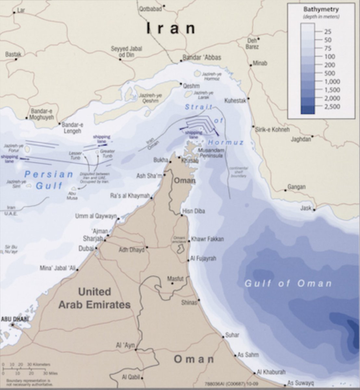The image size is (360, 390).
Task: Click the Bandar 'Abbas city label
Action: click(x=202, y=58)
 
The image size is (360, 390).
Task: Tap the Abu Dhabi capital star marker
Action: click(x=13, y=324)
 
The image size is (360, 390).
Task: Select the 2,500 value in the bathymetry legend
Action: click(x=331, y=107)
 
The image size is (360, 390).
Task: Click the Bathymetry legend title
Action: click(x=321, y=9)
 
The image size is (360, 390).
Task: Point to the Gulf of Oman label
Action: click(x=288, y=283)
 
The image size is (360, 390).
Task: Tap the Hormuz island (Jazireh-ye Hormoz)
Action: click(x=197, y=74)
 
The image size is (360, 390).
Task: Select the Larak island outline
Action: click(x=188, y=94)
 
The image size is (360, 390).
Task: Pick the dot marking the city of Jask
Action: click(x=314, y=210)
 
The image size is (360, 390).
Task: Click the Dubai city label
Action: click(x=86, y=249)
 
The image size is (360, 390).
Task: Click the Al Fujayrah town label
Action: click(x=203, y=259)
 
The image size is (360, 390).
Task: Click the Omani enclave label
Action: click(x=179, y=240)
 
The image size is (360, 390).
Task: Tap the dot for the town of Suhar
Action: click(x=223, y=337)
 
